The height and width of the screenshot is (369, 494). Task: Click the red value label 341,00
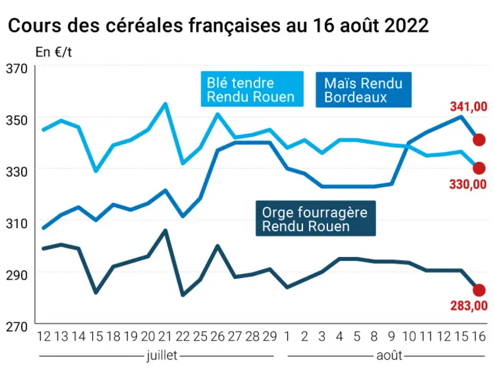468,106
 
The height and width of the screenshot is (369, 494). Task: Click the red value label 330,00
468,184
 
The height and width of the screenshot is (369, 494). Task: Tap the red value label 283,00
469,306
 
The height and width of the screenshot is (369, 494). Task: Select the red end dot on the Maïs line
479,140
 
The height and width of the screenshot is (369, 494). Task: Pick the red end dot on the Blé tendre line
479,168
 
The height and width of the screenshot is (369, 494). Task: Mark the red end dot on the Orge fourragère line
479,290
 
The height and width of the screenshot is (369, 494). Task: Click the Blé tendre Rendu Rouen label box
252,89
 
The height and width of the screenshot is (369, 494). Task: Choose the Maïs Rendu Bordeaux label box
363,90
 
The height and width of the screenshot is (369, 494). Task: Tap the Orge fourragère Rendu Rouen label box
316,218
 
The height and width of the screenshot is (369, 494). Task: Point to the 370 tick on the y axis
17,69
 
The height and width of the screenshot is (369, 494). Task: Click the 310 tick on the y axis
17,224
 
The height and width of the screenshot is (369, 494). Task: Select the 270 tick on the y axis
17,327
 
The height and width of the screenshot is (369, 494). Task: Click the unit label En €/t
54,53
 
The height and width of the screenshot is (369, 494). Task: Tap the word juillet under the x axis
162,356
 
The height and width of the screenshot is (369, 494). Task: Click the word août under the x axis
390,356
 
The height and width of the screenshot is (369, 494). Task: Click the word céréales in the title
145,25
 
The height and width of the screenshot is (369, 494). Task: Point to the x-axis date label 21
164,336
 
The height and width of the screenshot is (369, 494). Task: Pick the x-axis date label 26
217,336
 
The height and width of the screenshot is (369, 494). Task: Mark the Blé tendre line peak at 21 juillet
165,104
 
